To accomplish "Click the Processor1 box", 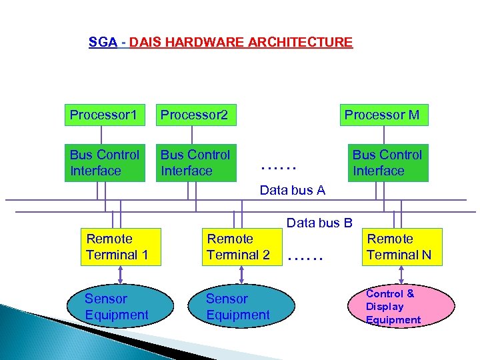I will tap(104, 115).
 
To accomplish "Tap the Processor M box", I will tap(383, 115).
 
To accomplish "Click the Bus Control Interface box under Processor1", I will tap(104, 163).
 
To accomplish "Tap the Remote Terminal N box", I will tap(401, 247).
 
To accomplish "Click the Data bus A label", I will tap(292, 191).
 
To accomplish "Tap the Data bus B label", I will tap(319, 223).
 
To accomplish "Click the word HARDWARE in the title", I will tap(194, 43).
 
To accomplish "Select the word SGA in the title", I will tap(103, 43).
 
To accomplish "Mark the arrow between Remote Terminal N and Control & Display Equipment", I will tap(401, 275).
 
